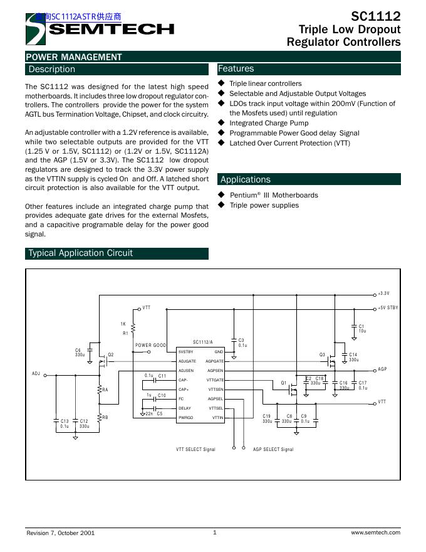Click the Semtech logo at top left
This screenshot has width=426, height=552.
click(x=100, y=29)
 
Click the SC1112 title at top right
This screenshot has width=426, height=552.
click(x=375, y=16)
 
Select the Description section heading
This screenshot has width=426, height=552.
click(x=51, y=70)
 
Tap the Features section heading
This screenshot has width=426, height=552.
click(x=236, y=69)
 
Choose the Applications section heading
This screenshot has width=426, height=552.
click(x=246, y=180)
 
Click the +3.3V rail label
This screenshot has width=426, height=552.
click(x=383, y=294)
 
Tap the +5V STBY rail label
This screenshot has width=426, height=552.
click(x=388, y=308)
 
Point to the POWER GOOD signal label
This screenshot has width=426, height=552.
click(x=151, y=346)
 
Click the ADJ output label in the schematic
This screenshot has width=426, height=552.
click(x=36, y=374)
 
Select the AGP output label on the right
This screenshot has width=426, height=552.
click(x=382, y=370)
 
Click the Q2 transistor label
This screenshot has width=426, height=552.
click(x=111, y=355)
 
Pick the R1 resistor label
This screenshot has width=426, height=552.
click(x=125, y=334)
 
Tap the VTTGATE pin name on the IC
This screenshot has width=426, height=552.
click(x=215, y=380)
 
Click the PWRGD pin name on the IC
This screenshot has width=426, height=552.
click(x=186, y=417)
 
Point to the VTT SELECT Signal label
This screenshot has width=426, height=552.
click(x=195, y=450)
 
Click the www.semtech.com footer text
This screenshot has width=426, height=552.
click(x=375, y=533)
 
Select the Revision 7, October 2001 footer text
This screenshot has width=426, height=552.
click(x=60, y=533)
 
